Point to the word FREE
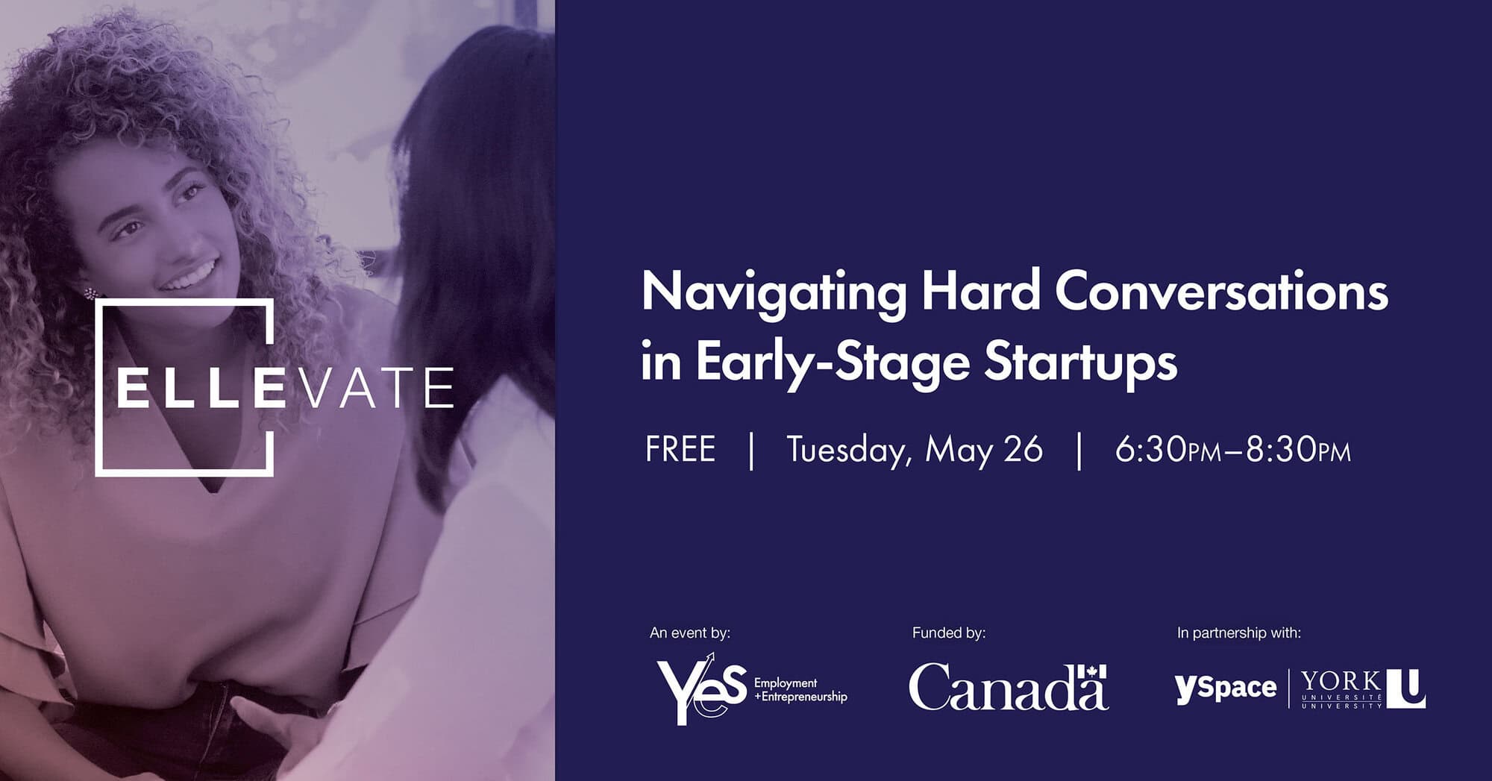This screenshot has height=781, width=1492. point(680,450)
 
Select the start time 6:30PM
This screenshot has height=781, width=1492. point(1168,451)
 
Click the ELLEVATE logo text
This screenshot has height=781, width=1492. point(285,388)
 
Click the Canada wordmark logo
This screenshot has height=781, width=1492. point(1008,687)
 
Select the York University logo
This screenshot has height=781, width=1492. point(1363,689)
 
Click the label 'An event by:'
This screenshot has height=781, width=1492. point(690,633)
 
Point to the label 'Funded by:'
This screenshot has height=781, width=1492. point(949,633)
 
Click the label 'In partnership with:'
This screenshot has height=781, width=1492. point(1239,633)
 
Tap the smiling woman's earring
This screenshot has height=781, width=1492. point(90,293)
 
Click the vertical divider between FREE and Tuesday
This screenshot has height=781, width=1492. point(751,451)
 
